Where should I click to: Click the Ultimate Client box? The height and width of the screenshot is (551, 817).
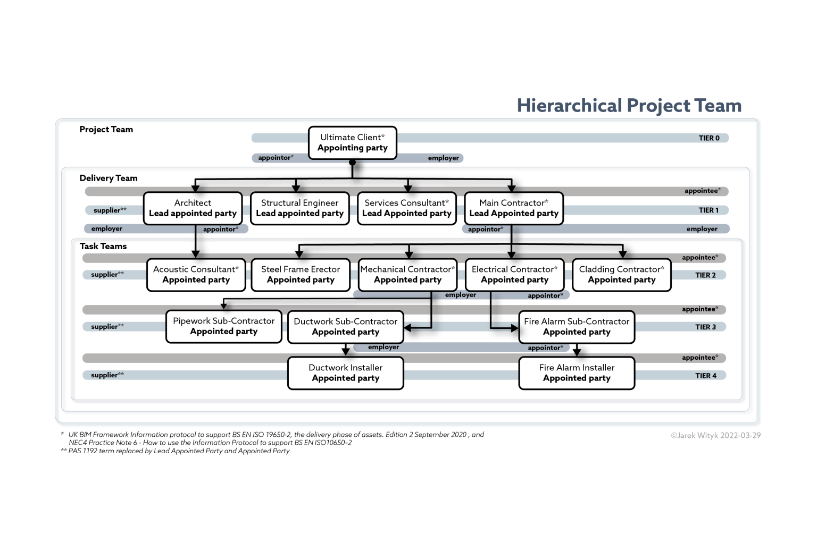point(352,143)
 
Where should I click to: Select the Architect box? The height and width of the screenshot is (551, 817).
point(193,208)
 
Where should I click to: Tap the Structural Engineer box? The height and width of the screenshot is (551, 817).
point(299,208)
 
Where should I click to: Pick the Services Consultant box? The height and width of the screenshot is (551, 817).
point(406,208)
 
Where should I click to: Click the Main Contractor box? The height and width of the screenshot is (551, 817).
point(513,208)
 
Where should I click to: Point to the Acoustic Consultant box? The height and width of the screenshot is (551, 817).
point(196,275)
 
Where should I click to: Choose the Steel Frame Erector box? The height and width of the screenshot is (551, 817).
point(301,275)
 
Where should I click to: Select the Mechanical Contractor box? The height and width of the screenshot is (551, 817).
point(407,275)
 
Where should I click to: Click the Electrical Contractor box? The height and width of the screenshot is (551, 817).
point(514,275)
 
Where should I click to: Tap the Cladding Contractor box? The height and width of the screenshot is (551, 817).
point(621,275)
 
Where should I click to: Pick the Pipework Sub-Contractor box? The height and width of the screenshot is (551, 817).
point(223,326)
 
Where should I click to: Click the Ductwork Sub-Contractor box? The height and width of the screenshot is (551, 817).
point(345,327)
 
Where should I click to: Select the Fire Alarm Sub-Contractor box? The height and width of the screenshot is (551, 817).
point(577,327)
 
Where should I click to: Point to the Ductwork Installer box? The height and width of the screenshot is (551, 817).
point(345,373)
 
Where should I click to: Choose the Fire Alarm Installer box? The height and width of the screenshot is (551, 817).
point(577,373)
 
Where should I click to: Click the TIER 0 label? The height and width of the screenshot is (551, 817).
point(708,138)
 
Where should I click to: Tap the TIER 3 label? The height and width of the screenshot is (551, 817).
point(705,327)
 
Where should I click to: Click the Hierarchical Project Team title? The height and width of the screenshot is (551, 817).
point(629,106)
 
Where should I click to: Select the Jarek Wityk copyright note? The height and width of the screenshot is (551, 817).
point(715,435)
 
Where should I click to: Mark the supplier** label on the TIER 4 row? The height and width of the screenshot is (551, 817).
point(107,375)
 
